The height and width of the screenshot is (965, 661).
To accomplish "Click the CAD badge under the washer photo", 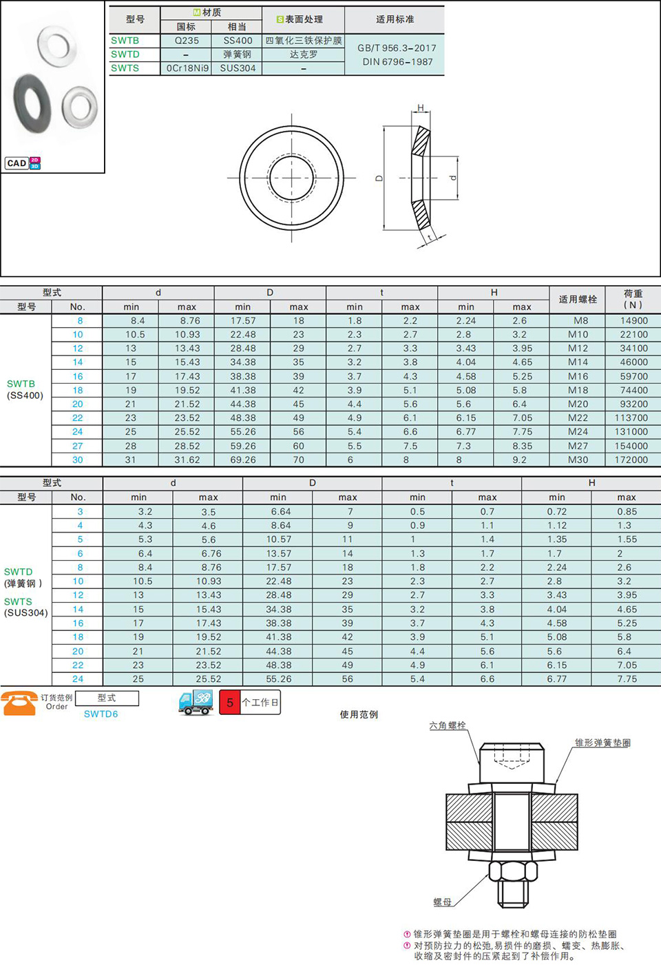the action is [x=23, y=163].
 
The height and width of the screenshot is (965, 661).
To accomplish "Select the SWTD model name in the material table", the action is [x=125, y=54].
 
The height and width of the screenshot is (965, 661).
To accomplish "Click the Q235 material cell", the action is [x=187, y=41].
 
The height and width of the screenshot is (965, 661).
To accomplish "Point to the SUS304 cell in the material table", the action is [x=238, y=68].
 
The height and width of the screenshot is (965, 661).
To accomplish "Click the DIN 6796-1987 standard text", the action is [x=397, y=62].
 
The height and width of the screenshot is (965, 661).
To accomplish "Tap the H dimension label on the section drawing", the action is [x=421, y=107].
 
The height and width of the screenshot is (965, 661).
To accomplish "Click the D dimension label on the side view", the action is [x=379, y=178].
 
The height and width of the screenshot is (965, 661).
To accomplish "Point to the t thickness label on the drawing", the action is [x=430, y=238].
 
